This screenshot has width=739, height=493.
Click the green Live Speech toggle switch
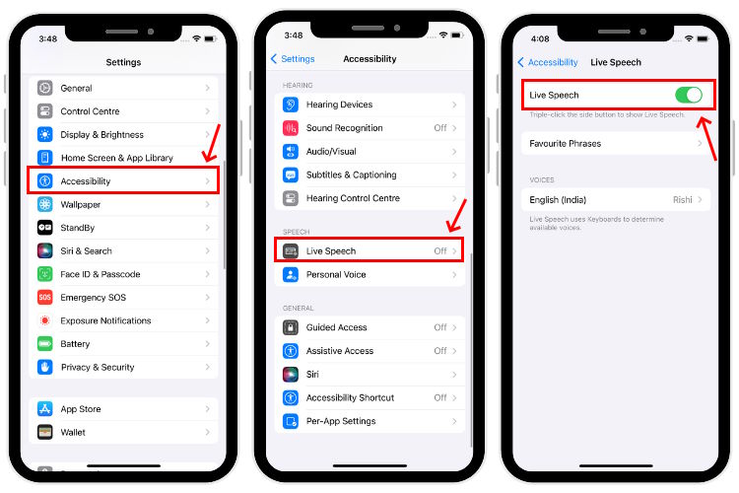(688, 95)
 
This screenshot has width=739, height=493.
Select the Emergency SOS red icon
(45, 298)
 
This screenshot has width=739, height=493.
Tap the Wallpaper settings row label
(82, 205)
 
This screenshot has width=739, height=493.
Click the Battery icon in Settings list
(45, 344)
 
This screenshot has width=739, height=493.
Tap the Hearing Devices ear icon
(291, 105)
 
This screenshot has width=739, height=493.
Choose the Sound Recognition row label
(344, 128)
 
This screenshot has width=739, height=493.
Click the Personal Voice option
(336, 275)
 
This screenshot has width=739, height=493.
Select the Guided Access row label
(336, 327)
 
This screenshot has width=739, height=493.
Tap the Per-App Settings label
(341, 421)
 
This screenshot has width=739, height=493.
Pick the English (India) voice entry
(558, 200)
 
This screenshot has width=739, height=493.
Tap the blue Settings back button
(293, 59)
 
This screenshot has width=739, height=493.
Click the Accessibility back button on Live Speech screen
(548, 62)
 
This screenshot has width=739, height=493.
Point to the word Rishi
(682, 200)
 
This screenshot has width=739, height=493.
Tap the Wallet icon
(45, 432)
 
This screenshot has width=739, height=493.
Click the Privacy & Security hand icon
(45, 367)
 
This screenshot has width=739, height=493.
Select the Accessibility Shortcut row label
(350, 397)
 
